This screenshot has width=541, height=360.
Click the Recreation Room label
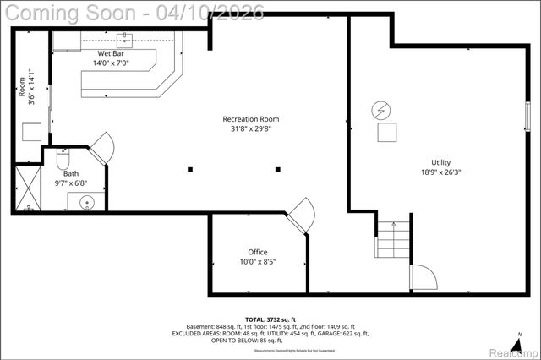[x=250, y=119]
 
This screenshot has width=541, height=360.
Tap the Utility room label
[x=440, y=162]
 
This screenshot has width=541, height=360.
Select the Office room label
[x=257, y=252]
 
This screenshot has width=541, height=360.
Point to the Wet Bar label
[x=111, y=52]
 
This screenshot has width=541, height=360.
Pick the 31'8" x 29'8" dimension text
[x=250, y=129]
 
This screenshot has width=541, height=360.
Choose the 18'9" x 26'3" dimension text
[x=440, y=172]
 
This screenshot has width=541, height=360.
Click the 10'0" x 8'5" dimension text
[x=257, y=262]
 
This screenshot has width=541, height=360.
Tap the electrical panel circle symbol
[x=381, y=110]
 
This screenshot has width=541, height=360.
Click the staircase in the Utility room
[x=393, y=240]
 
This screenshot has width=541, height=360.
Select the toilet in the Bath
[x=63, y=159]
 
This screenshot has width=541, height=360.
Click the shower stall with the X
[x=26, y=188]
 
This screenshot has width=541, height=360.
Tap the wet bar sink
[x=126, y=38]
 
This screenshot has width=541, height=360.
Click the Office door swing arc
[x=302, y=213]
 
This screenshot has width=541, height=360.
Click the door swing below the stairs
[x=422, y=277]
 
